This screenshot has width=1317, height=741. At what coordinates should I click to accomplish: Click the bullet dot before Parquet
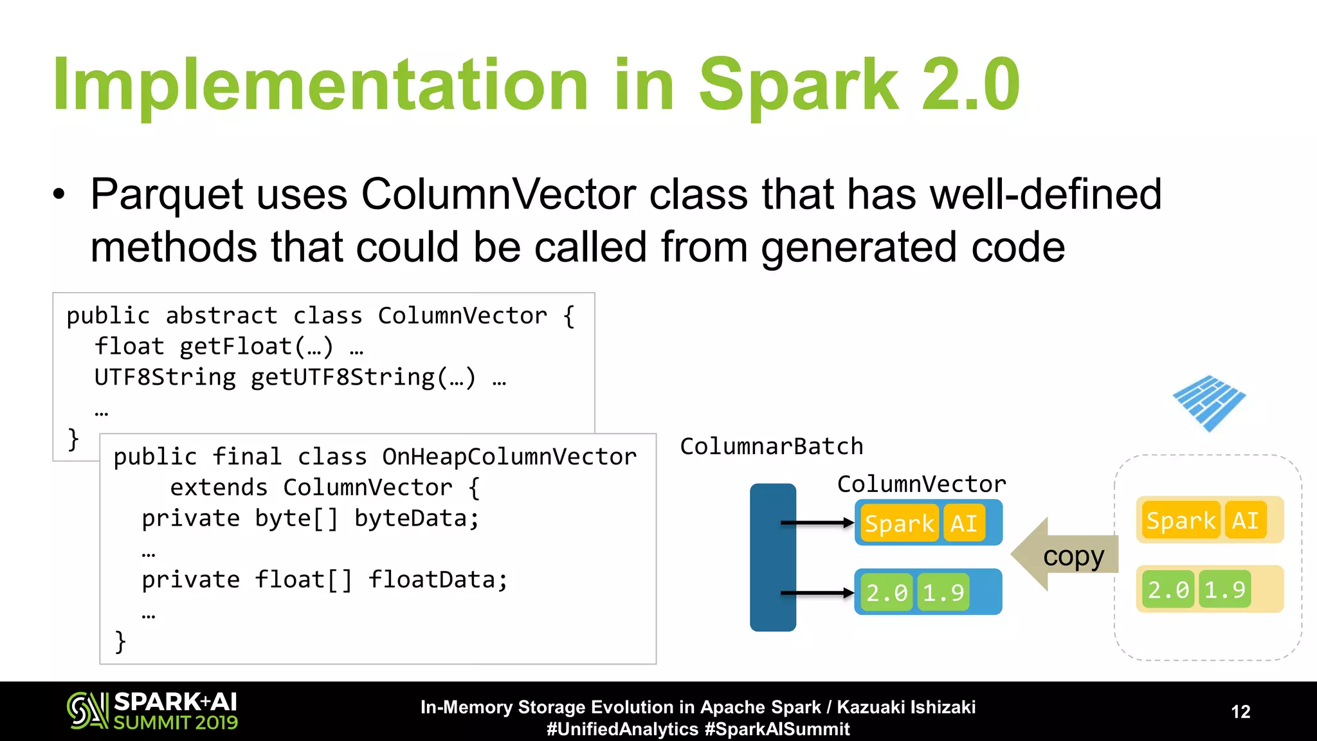(x=59, y=195)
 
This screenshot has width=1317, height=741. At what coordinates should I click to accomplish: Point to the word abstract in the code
(x=221, y=316)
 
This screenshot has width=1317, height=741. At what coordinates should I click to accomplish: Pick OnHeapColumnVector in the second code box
(x=509, y=457)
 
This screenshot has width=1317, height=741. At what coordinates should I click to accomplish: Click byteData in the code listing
(x=416, y=518)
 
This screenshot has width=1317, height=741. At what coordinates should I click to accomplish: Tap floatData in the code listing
(x=437, y=580)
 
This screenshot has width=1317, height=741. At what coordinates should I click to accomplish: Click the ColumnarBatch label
(x=771, y=446)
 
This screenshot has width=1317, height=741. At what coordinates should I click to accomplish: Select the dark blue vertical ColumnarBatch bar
(x=772, y=557)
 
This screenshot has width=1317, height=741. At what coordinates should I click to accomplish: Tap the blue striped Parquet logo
(x=1208, y=403)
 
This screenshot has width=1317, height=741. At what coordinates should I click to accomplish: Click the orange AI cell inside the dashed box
(x=1245, y=520)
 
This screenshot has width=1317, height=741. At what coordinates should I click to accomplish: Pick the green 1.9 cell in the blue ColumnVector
(x=943, y=592)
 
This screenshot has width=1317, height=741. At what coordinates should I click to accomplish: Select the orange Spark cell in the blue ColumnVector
(x=899, y=524)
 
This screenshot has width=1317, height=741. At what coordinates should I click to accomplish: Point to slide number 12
(x=1240, y=711)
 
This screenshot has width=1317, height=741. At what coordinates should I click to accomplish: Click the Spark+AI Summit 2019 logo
(x=152, y=711)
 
